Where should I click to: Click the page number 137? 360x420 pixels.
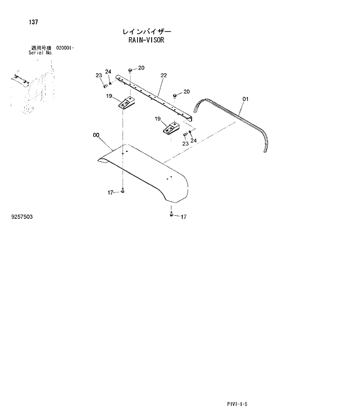33,22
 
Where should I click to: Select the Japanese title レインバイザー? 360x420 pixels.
147,31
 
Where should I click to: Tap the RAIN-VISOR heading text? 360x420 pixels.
147,41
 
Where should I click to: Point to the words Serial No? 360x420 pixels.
41,52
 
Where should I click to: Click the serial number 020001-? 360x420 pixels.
65,48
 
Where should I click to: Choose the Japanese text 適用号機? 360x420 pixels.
41,48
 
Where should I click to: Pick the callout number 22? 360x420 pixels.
164,75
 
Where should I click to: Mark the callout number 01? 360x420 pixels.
245,99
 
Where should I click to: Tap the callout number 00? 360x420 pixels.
96,136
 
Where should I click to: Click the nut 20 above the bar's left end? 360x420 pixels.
132,70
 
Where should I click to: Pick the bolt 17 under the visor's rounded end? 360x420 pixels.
171,215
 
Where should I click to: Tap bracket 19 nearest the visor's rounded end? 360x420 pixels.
171,128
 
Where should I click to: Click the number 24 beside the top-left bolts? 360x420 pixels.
108,72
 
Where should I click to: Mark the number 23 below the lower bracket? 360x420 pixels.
185,143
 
